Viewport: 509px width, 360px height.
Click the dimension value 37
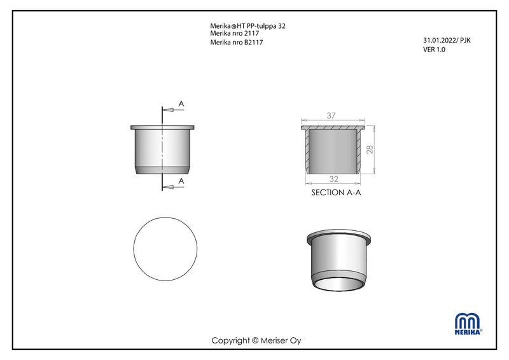coord(331,115)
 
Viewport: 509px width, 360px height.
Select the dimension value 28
coord(370,149)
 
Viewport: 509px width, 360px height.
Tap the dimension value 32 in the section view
coord(333,179)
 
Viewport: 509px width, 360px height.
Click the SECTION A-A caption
coord(336,193)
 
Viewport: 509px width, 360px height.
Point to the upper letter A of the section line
coord(181,104)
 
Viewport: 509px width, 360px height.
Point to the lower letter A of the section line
coord(181,181)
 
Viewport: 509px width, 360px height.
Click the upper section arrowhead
coord(168,110)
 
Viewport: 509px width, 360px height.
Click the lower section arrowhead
coord(168,187)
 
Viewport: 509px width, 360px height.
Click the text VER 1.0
coord(434,50)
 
